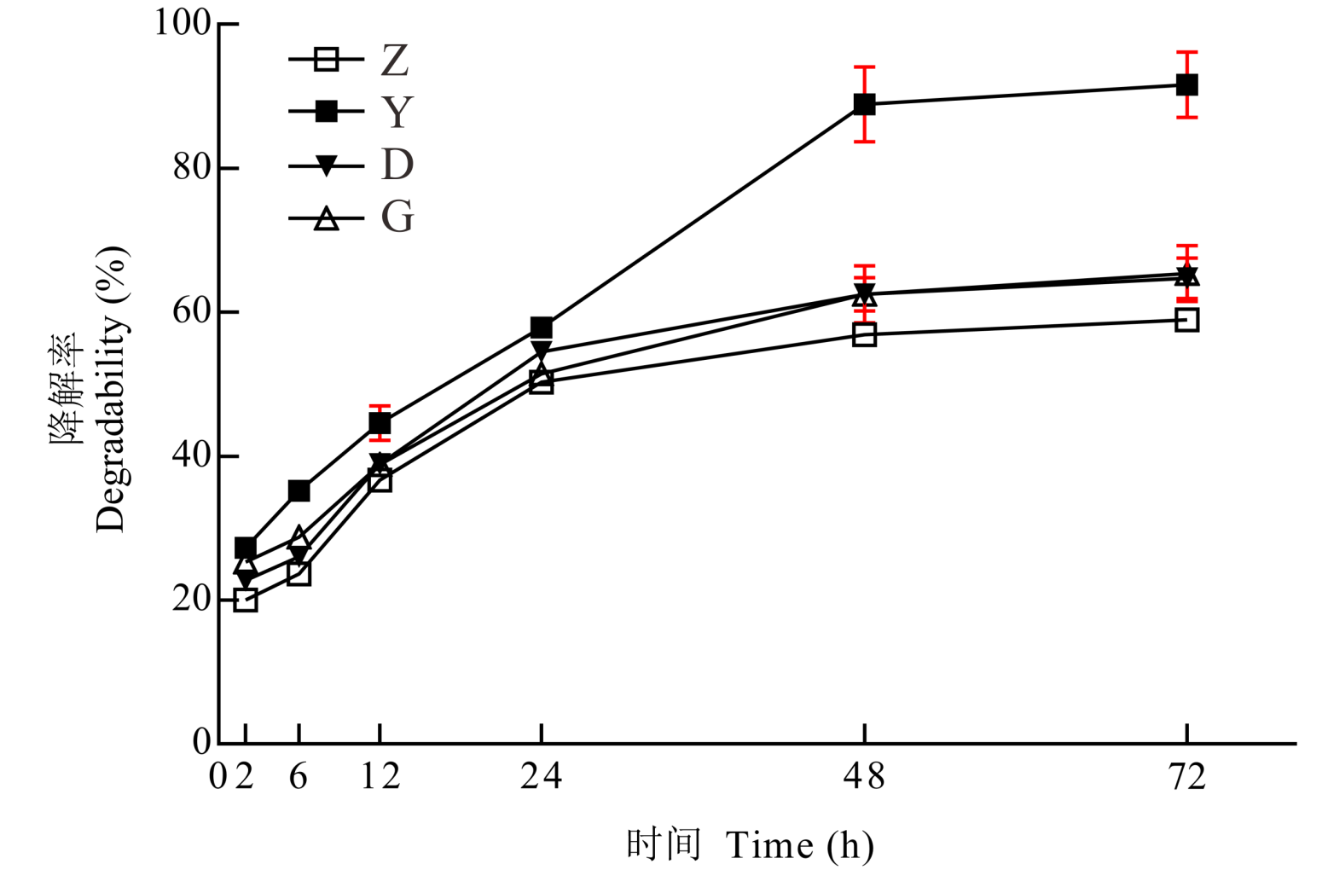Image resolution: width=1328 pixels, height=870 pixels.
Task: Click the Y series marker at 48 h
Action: pos(864,105)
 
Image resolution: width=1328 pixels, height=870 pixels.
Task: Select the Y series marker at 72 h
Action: pos(1186,85)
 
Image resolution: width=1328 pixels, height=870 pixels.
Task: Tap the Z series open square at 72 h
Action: pos(1186,320)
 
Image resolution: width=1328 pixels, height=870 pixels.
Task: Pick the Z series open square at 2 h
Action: pos(246,600)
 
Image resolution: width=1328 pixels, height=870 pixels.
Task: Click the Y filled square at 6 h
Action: pos(299,491)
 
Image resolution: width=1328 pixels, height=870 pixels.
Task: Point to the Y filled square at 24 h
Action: pos(541,328)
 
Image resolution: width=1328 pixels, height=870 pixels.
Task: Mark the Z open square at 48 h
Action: pos(864,335)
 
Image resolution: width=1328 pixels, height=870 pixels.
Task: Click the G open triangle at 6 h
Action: pos(299,538)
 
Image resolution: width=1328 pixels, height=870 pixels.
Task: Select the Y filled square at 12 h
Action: pos(380,424)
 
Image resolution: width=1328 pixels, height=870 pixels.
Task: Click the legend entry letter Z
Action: pos(395,61)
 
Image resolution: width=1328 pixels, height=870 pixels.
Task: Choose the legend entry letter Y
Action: pos(397,112)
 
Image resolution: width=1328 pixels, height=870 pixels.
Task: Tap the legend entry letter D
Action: pos(397,165)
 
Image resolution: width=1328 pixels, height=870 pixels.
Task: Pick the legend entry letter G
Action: pos(397,217)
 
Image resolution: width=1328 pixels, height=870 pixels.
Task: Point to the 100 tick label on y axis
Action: pos(182,23)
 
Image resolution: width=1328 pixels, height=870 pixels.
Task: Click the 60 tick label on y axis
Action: pos(192,311)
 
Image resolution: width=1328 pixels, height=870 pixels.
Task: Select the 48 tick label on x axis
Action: pos(864,777)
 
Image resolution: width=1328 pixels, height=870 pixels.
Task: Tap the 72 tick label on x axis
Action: pos(1186,777)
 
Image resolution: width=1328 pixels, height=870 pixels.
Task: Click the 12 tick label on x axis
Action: pos(380,777)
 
